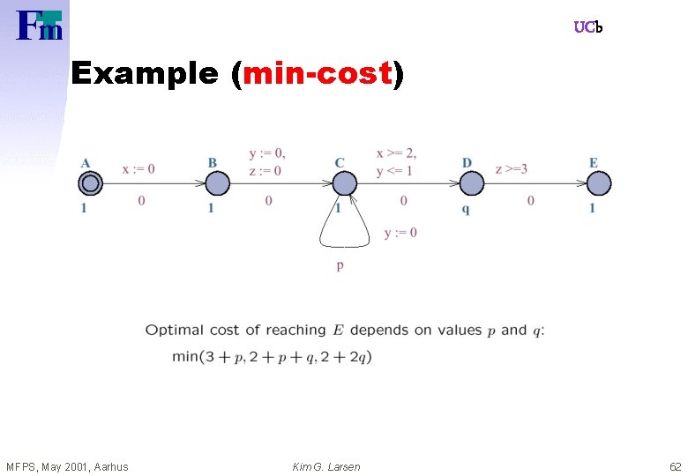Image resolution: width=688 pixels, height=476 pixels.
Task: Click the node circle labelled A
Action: (90, 183)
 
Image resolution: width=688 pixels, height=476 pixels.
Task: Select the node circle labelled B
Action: (217, 183)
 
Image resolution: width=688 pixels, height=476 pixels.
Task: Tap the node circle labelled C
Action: (344, 183)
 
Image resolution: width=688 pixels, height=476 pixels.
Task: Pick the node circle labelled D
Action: (472, 183)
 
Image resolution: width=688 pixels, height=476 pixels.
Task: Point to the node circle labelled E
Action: (599, 183)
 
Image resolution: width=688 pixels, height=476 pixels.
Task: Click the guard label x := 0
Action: (138, 168)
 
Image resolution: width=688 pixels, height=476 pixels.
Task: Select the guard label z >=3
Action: (512, 168)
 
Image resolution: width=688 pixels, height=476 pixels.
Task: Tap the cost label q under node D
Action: (466, 208)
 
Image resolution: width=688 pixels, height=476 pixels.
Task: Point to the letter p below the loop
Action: (340, 265)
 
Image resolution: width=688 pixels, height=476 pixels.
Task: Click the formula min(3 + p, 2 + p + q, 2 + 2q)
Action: (272, 356)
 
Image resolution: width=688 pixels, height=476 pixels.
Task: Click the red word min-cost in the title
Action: (316, 74)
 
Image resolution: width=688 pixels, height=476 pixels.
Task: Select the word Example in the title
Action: (144, 74)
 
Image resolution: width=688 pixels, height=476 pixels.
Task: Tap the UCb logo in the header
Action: (587, 27)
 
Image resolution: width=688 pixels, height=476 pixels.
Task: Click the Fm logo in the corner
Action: (40, 26)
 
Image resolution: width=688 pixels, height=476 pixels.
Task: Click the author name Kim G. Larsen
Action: (326, 466)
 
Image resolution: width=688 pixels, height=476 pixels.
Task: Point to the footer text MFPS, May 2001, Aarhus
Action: (67, 466)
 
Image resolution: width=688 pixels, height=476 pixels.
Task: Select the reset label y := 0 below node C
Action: (400, 233)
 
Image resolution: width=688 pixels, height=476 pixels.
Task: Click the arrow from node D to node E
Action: (535, 183)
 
